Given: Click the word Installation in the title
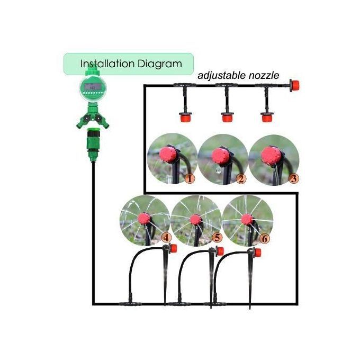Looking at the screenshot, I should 105,64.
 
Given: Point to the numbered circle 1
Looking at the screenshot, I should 190,178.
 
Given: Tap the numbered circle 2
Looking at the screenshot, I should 241,178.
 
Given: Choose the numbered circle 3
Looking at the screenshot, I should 292,178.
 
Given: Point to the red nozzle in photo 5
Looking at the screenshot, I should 195,219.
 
